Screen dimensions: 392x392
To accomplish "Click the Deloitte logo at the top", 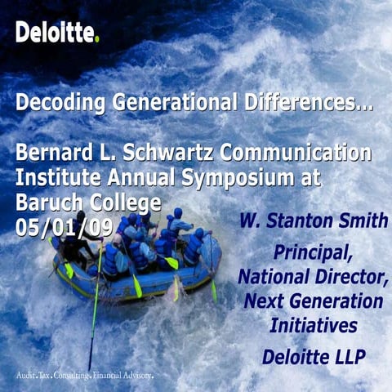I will click(x=56, y=33).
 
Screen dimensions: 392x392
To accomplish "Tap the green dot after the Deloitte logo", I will click(x=97, y=39).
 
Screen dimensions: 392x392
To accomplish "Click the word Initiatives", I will click(x=314, y=326).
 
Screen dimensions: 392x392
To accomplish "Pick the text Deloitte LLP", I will click(x=314, y=357).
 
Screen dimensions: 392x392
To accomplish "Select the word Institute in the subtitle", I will click(x=52, y=177).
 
